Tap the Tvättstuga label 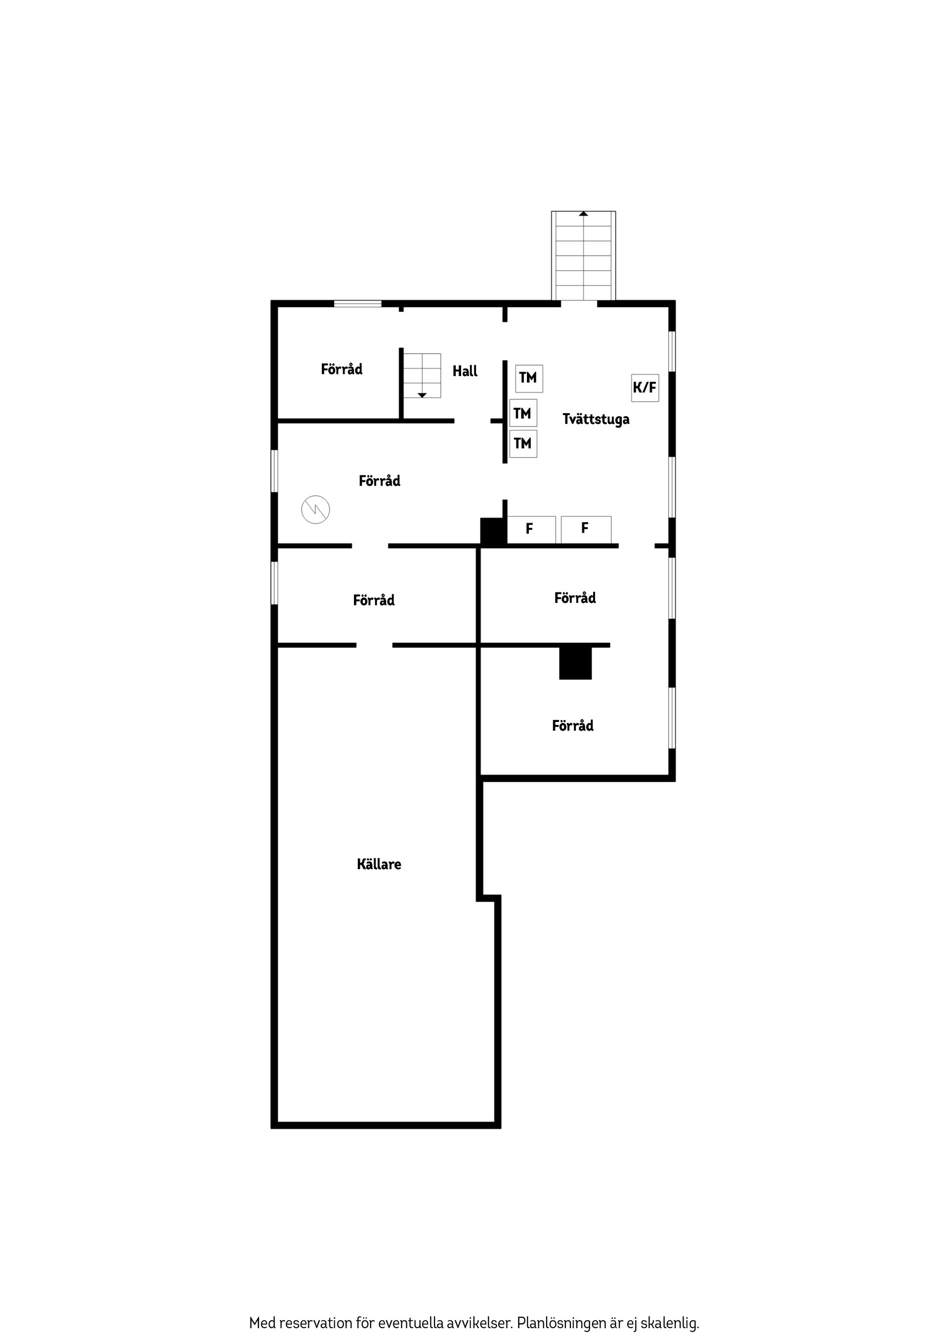click(596, 419)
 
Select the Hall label click(465, 371)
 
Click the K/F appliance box click(645, 387)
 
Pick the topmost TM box click(528, 378)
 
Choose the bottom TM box click(523, 444)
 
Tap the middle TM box click(523, 413)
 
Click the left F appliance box click(531, 530)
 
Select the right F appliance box click(586, 530)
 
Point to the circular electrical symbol click(316, 510)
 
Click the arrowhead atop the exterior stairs click(584, 214)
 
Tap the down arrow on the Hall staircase click(422, 396)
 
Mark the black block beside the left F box click(493, 531)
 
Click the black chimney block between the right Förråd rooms click(575, 663)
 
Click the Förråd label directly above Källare click(374, 600)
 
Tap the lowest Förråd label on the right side click(572, 725)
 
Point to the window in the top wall click(357, 303)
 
